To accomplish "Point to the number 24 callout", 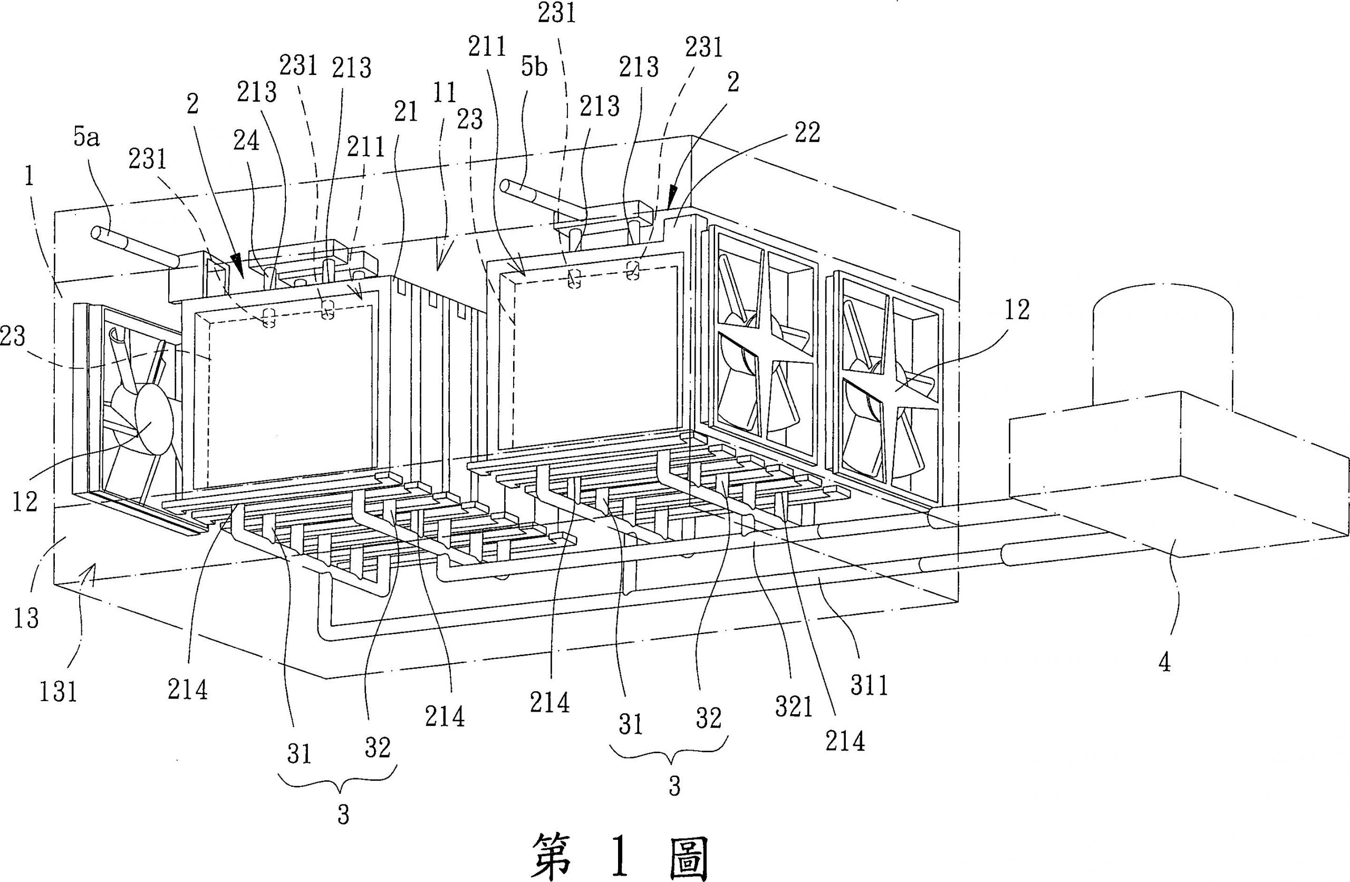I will click(246, 140).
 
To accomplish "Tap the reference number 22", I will click(807, 133).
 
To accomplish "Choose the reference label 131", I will click(59, 692).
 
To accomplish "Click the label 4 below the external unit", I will click(1164, 663).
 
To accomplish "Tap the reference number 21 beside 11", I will click(406, 112).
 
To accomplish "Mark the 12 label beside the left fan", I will click(25, 501).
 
